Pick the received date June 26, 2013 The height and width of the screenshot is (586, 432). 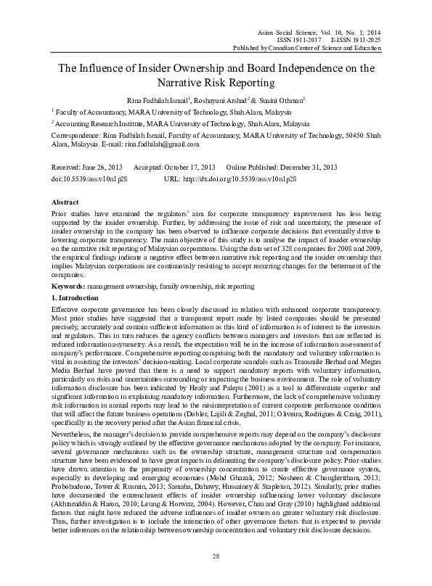tap(103, 166)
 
